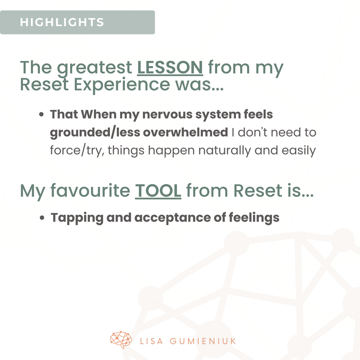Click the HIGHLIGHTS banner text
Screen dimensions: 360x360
click(62, 22)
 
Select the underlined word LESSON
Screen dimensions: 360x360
click(170, 68)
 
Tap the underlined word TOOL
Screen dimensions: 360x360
click(158, 191)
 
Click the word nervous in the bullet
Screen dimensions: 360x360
click(167, 114)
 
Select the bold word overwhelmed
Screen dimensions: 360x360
click(185, 132)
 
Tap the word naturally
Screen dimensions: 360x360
click(225, 151)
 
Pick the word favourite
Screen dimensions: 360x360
click(90, 191)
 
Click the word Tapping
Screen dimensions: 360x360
click(77, 218)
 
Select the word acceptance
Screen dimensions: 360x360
click(172, 218)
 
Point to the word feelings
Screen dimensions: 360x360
click(254, 218)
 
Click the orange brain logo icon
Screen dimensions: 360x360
click(121, 340)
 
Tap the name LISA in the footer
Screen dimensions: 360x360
click(151, 341)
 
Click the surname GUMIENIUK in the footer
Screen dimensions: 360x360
click(203, 341)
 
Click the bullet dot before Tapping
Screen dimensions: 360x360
click(42, 217)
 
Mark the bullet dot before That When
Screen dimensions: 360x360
click(41, 114)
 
